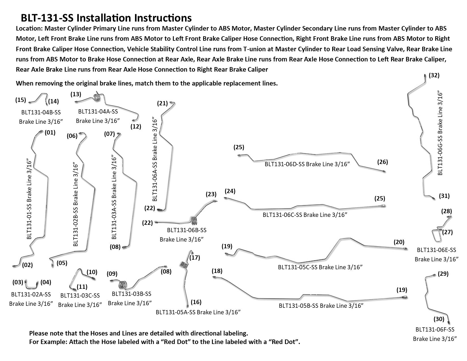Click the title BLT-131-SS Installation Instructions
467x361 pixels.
(106, 18)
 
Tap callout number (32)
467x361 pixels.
(434, 75)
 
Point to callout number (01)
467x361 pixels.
(50, 132)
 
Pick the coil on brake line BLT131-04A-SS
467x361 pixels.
(97, 97)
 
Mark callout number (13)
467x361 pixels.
(76, 94)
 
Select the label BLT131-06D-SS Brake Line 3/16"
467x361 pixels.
(306, 164)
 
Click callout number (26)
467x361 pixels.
(382, 162)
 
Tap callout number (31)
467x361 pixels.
(444, 196)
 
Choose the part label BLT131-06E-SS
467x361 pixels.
(436, 250)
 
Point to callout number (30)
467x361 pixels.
(439, 319)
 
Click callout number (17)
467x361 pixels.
(195, 257)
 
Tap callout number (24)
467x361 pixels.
(230, 191)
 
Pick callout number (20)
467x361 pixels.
(399, 242)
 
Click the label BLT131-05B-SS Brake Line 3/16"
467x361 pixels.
(321, 306)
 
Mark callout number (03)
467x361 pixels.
(18, 282)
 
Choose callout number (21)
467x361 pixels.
(162, 103)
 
